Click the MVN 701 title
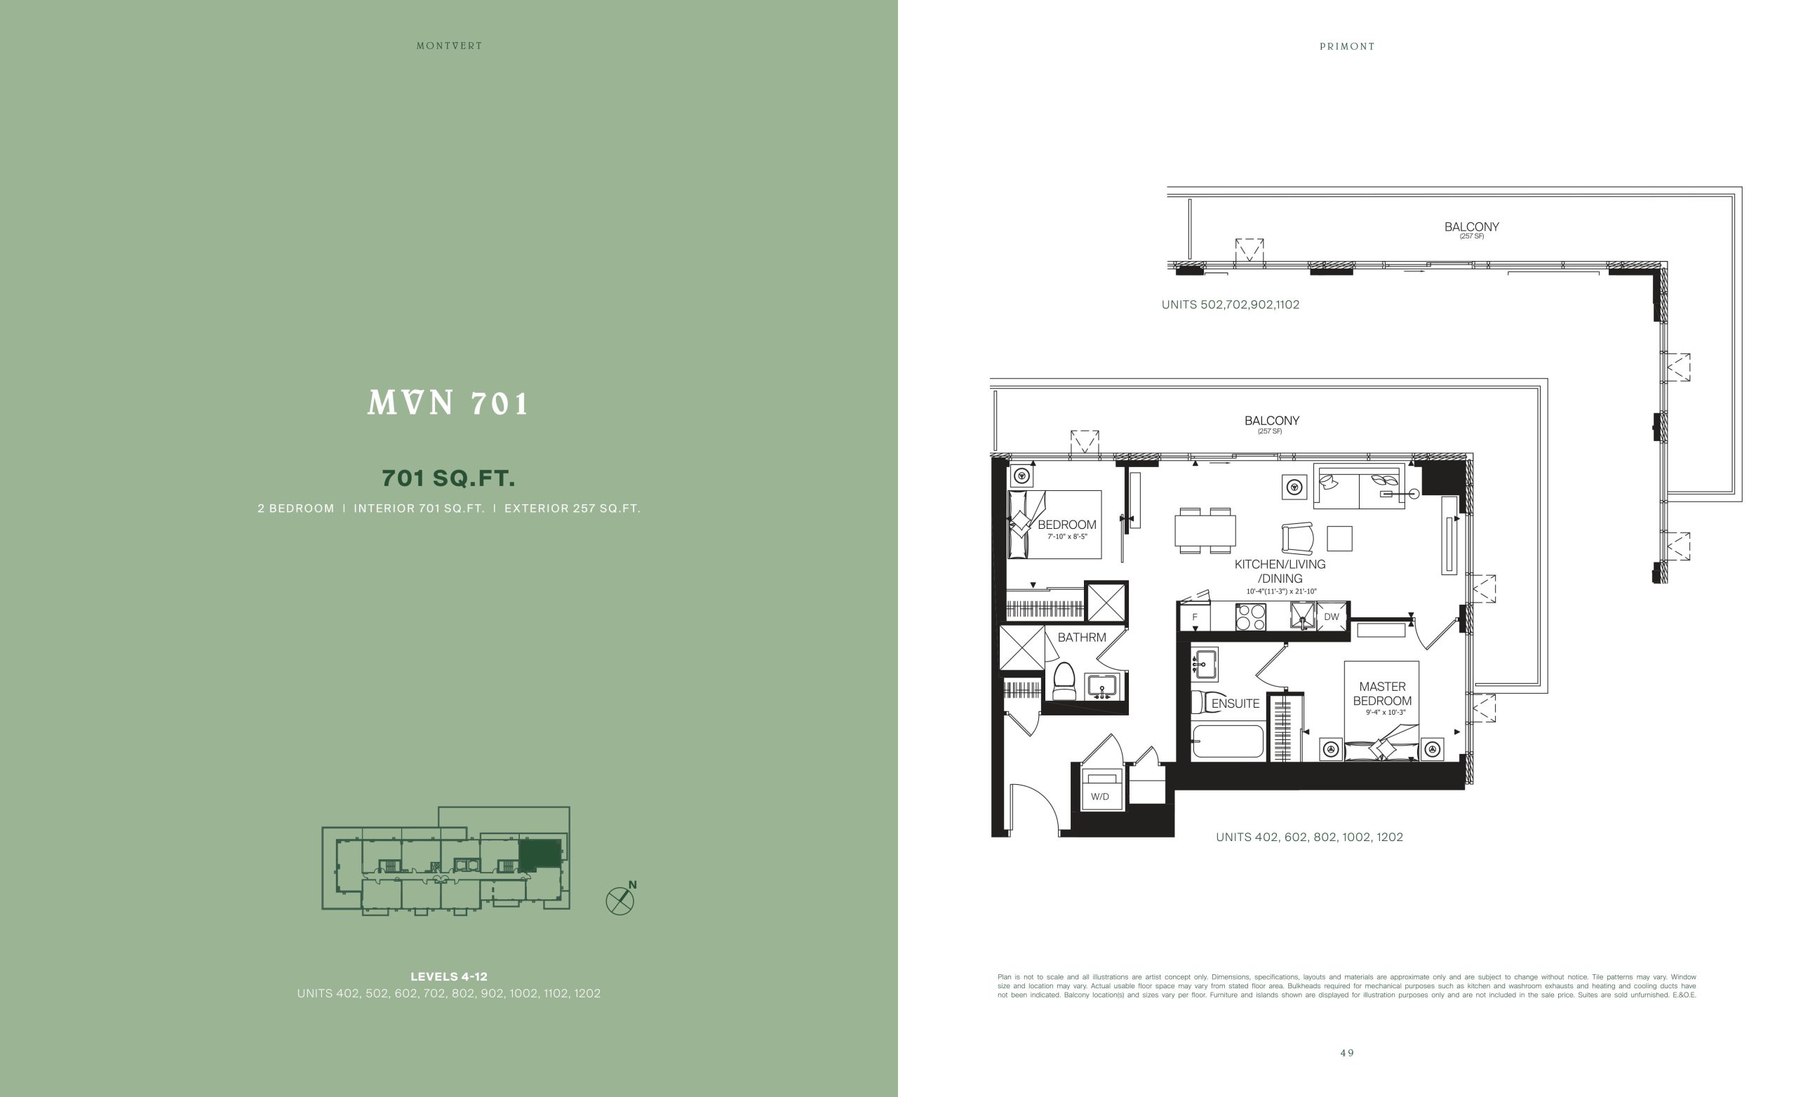click(x=448, y=403)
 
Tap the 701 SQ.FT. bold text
click(x=448, y=478)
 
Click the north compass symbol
click(x=621, y=899)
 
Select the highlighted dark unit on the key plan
click(x=540, y=854)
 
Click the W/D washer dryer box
click(x=1101, y=788)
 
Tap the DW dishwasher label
click(x=1332, y=617)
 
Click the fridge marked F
click(x=1195, y=617)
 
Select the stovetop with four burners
click(x=1251, y=617)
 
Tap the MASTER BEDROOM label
click(x=1383, y=694)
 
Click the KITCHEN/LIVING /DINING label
click(x=1280, y=572)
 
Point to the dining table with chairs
click(x=1205, y=531)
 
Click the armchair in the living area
click(x=1297, y=539)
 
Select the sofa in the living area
click(x=1359, y=486)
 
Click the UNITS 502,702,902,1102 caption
click(x=1231, y=304)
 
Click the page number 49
click(x=1347, y=1053)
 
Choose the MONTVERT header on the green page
click(x=449, y=46)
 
